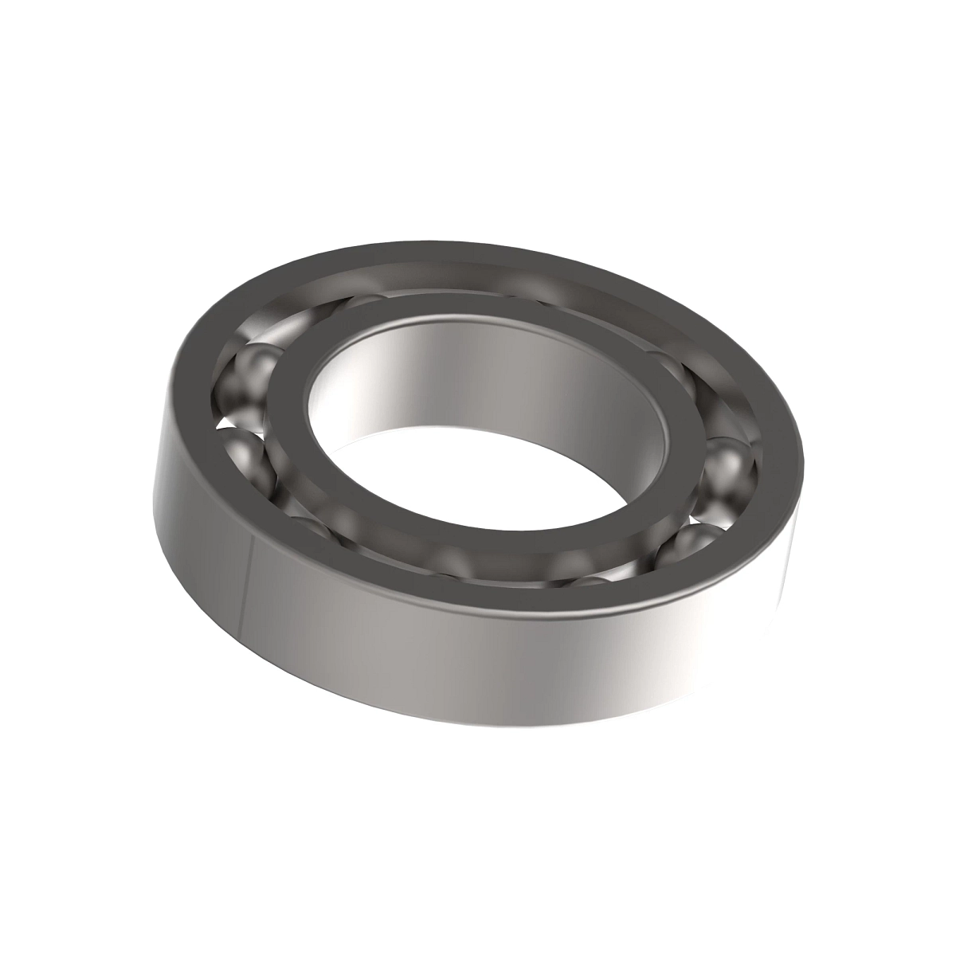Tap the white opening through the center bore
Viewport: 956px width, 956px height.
(x=478, y=470)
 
